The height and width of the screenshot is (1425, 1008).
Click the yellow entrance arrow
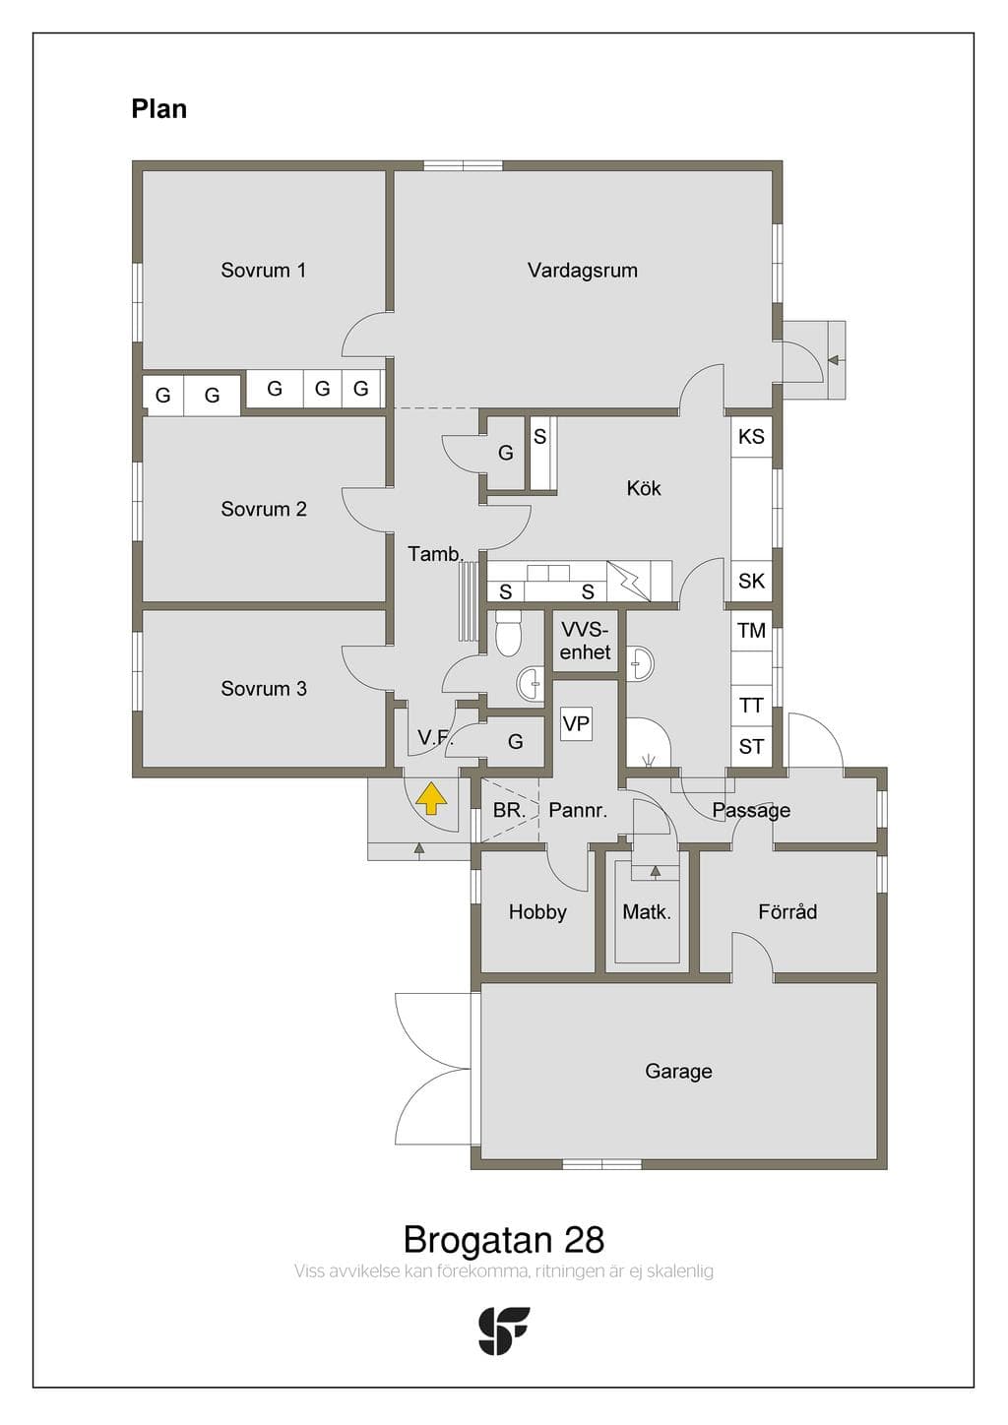[431, 798]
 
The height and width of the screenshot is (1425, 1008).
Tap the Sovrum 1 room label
[264, 271]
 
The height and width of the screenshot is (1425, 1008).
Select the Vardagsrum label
[583, 271]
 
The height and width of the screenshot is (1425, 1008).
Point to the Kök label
[644, 488]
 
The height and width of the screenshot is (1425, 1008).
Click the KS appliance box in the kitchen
[751, 436]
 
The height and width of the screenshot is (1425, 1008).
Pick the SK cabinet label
[751, 581]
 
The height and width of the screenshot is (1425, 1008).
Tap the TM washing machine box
[751, 631]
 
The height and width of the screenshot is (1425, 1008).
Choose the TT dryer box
[751, 706]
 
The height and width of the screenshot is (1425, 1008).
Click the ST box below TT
[751, 746]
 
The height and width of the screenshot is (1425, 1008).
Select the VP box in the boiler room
[576, 724]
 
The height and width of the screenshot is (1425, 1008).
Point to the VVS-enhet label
[585, 642]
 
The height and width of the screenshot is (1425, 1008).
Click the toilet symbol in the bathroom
[509, 634]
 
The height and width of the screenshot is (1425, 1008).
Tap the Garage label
[678, 1072]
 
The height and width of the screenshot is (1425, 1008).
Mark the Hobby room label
[537, 912]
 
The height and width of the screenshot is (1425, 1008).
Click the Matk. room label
[647, 912]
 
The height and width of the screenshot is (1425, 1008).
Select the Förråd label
[787, 911]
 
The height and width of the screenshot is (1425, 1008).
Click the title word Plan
[159, 109]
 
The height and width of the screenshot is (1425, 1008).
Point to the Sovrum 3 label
[264, 688]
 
